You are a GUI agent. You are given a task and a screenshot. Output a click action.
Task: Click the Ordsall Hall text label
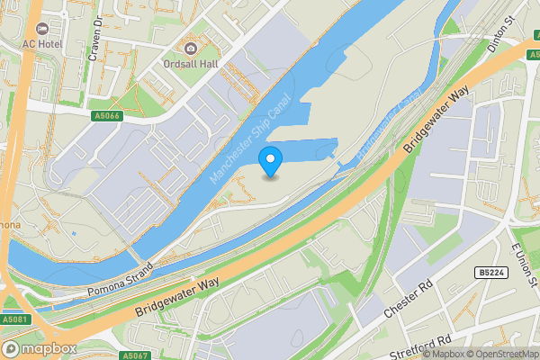(189, 65)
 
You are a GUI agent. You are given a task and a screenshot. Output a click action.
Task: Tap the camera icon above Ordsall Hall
(189, 48)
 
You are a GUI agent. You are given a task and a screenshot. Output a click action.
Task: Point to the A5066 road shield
(105, 116)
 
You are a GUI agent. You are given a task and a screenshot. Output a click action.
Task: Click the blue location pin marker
(270, 161)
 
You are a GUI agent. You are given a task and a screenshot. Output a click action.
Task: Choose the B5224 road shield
(489, 272)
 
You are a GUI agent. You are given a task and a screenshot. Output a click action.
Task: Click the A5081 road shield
(14, 319)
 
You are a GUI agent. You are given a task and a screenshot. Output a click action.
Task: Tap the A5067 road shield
(133, 355)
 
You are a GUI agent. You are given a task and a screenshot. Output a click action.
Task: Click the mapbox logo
(40, 348)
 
